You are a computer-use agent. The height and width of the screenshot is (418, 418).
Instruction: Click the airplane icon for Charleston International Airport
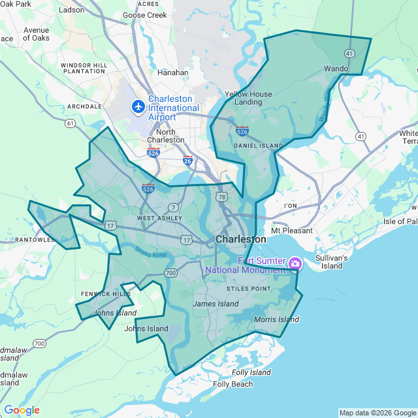point(138,106)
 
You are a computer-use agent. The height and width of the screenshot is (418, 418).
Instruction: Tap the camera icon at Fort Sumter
point(295,263)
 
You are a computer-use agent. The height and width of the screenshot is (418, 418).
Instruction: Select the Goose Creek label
point(150,15)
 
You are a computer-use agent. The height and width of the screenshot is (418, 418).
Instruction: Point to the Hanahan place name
point(173,72)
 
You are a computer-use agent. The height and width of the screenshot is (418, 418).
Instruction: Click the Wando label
point(336,68)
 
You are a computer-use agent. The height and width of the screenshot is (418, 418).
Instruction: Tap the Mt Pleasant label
point(292,231)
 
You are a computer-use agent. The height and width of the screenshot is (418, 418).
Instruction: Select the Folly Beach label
point(233,384)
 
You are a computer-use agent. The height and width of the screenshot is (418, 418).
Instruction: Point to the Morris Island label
point(277,319)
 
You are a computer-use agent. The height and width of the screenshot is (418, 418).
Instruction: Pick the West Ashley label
point(155,217)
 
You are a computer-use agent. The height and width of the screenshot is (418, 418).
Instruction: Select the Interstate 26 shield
point(187,161)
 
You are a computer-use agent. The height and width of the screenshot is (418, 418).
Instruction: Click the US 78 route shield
point(223,197)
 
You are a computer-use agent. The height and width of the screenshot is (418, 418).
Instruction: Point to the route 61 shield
point(70,123)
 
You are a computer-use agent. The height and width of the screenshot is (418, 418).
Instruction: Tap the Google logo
point(22,410)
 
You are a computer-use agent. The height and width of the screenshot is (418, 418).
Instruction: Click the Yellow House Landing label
point(248,98)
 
